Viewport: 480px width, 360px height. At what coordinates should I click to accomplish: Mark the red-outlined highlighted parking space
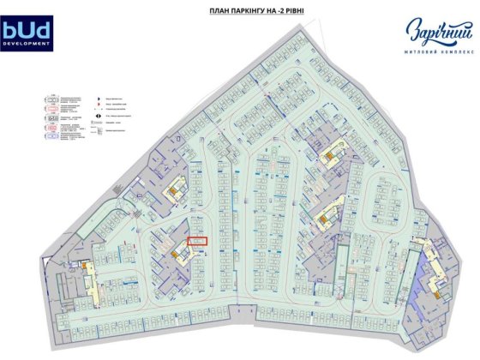coord(197,243)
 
